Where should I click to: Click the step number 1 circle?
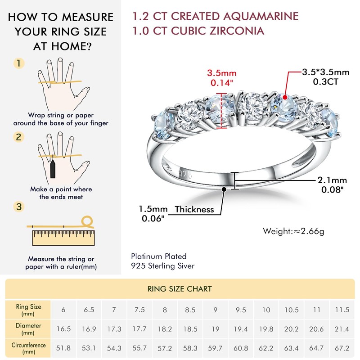tap(18, 63)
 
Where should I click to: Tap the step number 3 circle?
tap(18, 207)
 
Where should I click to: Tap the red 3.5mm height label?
tap(221, 73)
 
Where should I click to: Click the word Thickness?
tap(194, 209)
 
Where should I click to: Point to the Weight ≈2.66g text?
tap(293, 231)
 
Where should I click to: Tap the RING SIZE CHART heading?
tap(180, 288)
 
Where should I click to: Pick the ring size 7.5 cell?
tap(139, 310)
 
